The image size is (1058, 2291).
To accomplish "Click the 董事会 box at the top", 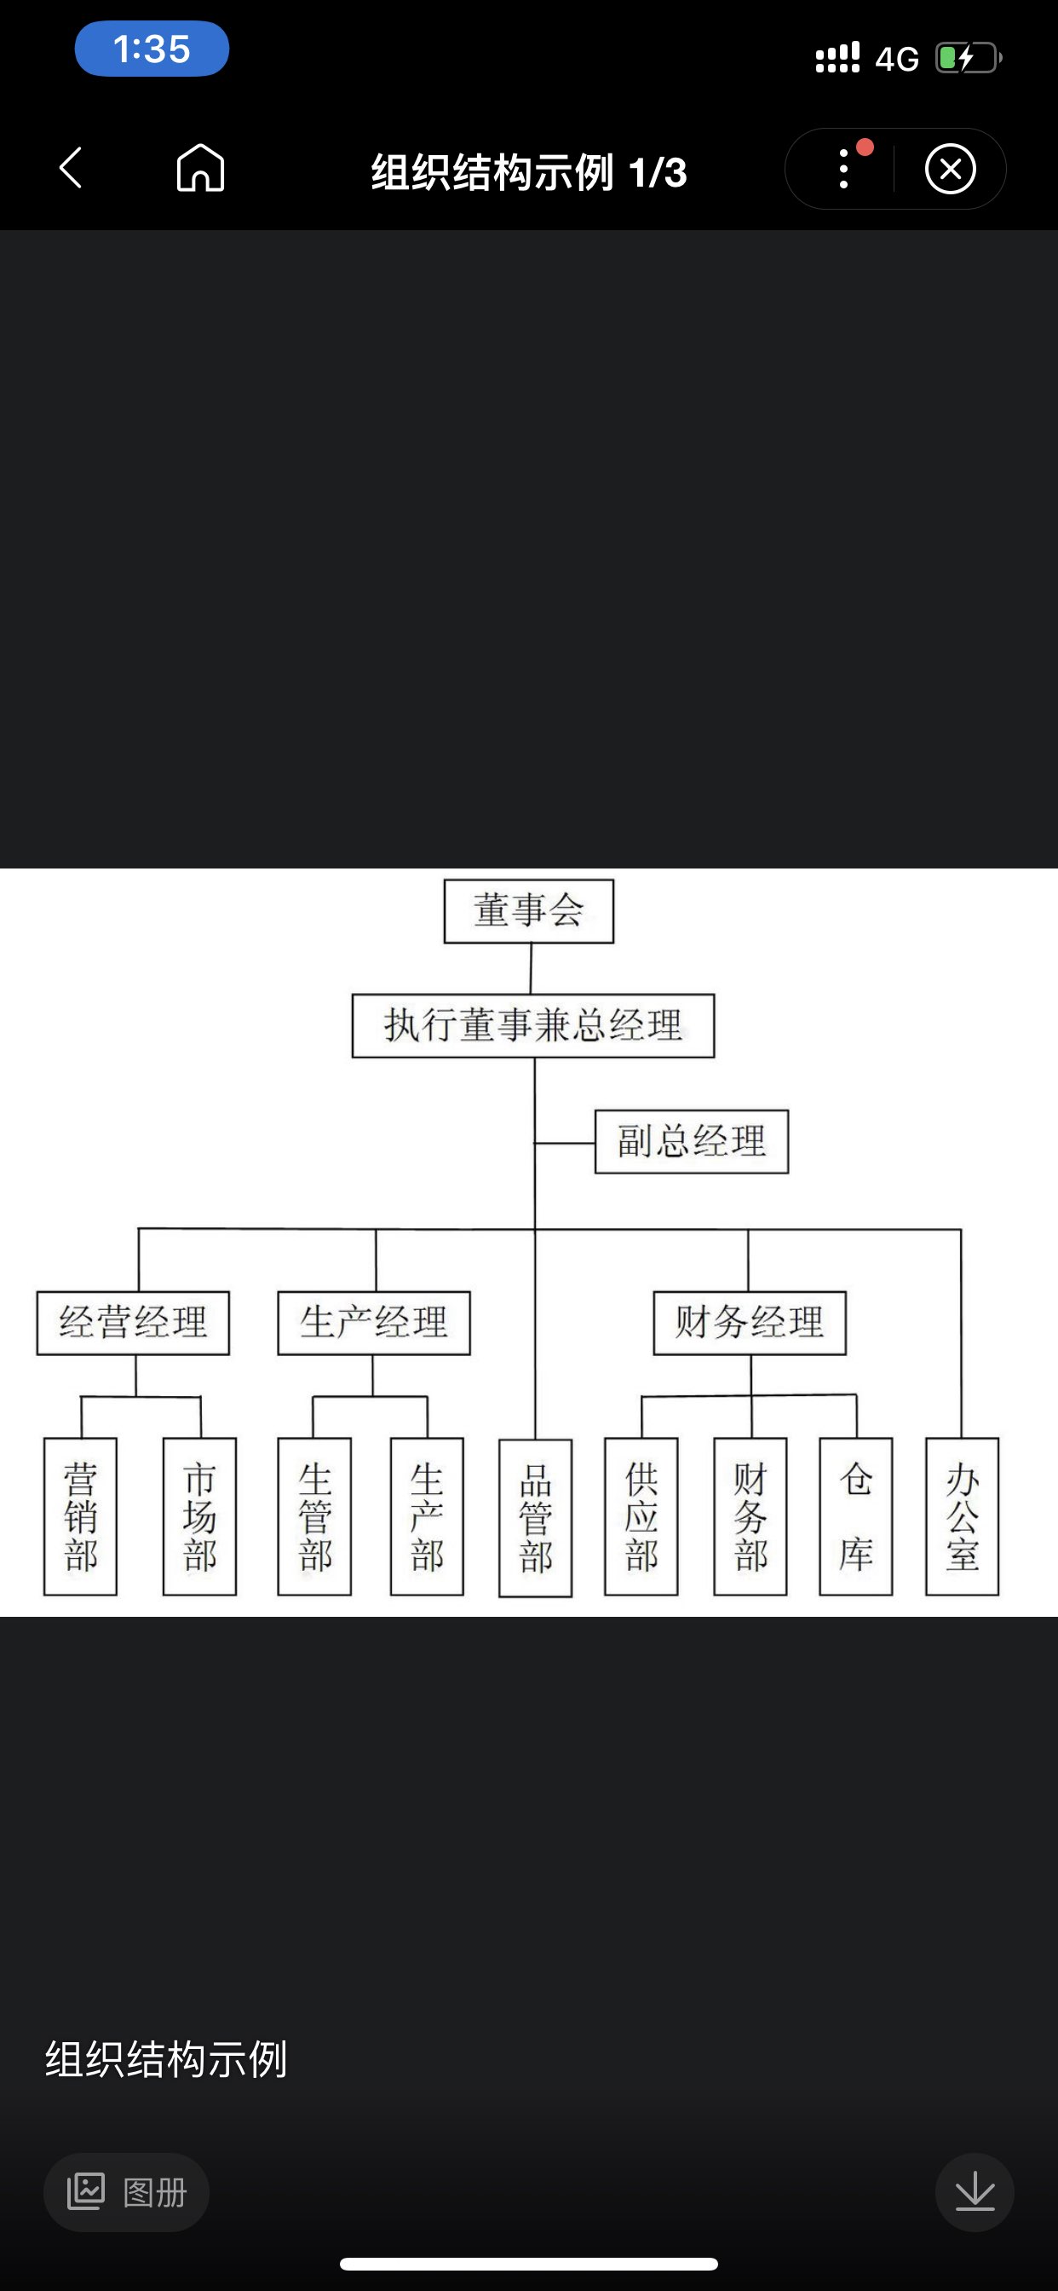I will pyautogui.click(x=528, y=911).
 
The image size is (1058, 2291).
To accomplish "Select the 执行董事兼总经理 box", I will pyautogui.click(x=532, y=1025).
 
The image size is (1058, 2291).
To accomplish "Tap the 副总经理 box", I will pyautogui.click(x=691, y=1141).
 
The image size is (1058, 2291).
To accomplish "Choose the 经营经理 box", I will pyautogui.click(x=133, y=1323).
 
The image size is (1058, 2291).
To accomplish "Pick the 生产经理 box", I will pyautogui.click(x=373, y=1323).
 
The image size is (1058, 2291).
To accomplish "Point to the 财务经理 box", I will pyautogui.click(x=749, y=1323).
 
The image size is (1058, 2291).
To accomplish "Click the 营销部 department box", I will pyautogui.click(x=80, y=1516).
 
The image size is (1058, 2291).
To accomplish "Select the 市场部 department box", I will pyautogui.click(x=199, y=1516).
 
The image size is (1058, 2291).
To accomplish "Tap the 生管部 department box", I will pyautogui.click(x=313, y=1516).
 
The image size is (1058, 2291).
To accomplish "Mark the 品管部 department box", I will pyautogui.click(x=535, y=1517).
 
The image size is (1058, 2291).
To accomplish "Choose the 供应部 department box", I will pyautogui.click(x=641, y=1516).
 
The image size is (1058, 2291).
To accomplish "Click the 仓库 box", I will pyautogui.click(x=855, y=1516).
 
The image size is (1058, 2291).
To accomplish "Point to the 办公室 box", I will pyautogui.click(x=962, y=1516).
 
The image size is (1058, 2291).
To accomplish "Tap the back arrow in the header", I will pyautogui.click(x=71, y=169).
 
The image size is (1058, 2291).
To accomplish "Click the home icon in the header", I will pyautogui.click(x=200, y=169).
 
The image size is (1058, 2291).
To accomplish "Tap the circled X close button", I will pyautogui.click(x=951, y=169).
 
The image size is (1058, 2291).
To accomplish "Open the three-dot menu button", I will pyautogui.click(x=843, y=169).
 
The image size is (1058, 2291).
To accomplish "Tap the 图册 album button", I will pyautogui.click(x=126, y=2192).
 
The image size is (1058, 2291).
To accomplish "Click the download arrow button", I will pyautogui.click(x=975, y=2192).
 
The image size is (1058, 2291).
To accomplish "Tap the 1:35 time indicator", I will pyautogui.click(x=152, y=49).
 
